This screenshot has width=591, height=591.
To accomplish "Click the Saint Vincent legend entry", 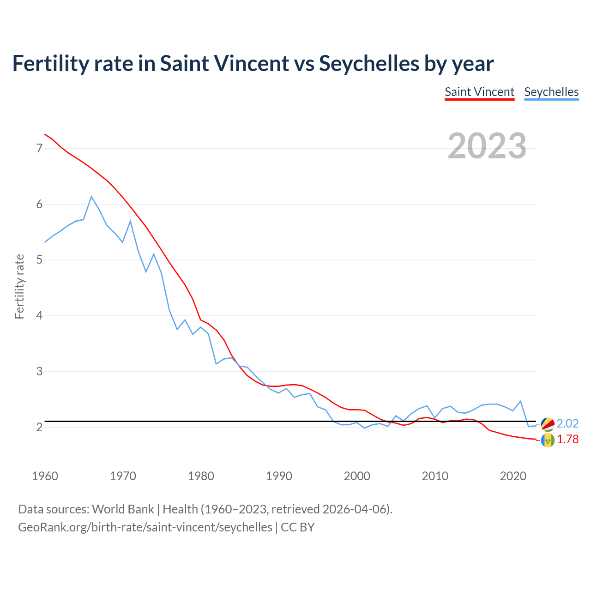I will click(479, 92).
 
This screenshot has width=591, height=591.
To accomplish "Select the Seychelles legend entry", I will click(551, 92).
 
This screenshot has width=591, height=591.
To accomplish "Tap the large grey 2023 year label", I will click(487, 146).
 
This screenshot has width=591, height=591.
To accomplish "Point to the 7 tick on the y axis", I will click(39, 148).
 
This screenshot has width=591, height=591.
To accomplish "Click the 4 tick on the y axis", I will click(39, 316).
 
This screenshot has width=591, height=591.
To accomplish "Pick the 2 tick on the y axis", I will click(39, 427).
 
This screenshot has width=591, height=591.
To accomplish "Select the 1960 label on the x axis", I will click(45, 476).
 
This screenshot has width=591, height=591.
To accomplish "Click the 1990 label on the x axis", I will click(279, 476).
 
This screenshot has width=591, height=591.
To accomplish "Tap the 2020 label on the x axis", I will click(513, 476).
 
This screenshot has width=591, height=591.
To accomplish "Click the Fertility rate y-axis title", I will click(19, 286).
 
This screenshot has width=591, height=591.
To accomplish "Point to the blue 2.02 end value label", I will click(567, 424).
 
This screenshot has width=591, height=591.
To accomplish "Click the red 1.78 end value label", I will click(567, 440).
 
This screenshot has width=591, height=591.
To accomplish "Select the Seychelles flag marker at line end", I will click(548, 424).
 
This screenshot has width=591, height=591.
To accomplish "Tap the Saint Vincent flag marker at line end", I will click(548, 440).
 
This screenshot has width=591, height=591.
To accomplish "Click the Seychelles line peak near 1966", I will click(91, 197).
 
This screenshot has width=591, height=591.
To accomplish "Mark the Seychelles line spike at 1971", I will click(130, 221).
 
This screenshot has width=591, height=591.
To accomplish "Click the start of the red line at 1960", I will click(45, 134).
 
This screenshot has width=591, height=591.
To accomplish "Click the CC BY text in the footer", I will click(297, 527).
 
